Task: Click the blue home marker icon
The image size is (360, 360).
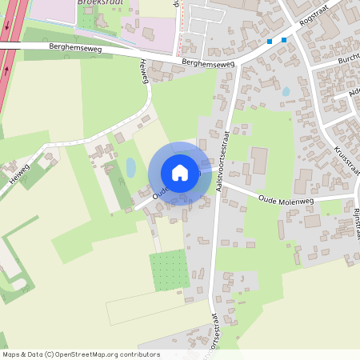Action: coord(180,173)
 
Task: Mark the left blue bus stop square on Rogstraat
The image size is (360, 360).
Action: coord(270,42)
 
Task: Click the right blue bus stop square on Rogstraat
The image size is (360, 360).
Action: coord(283,39)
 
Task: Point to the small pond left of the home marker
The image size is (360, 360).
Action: coord(130,167)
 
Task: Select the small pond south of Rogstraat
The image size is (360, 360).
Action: coord(286,92)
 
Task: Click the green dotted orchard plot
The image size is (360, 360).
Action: coord(170,270)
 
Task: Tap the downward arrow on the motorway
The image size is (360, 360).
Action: coord(6,26)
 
